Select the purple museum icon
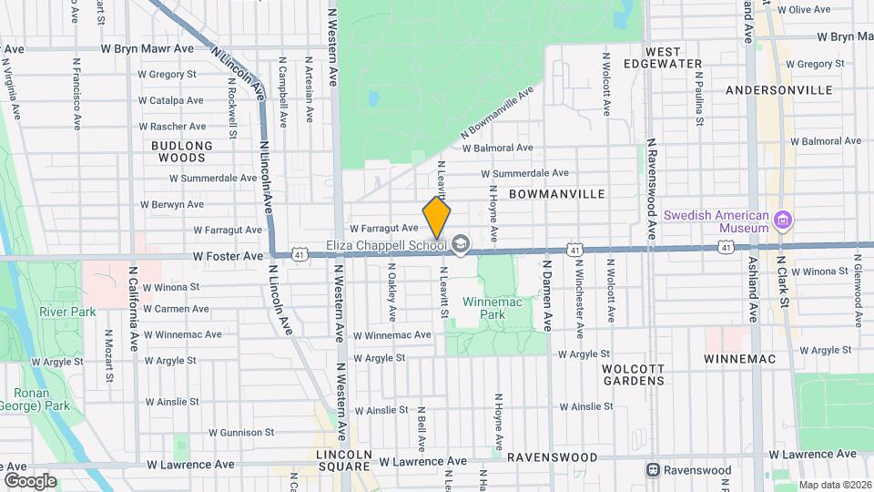point(783,220)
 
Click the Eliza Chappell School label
point(386,244)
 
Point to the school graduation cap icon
point(461,243)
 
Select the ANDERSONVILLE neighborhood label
point(779,90)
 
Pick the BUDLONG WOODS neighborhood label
point(182,151)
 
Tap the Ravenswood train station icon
point(653,470)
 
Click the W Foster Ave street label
point(228,258)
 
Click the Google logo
point(29,481)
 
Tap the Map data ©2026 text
point(834,486)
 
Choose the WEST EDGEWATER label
point(675,57)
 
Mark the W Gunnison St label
point(241,433)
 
